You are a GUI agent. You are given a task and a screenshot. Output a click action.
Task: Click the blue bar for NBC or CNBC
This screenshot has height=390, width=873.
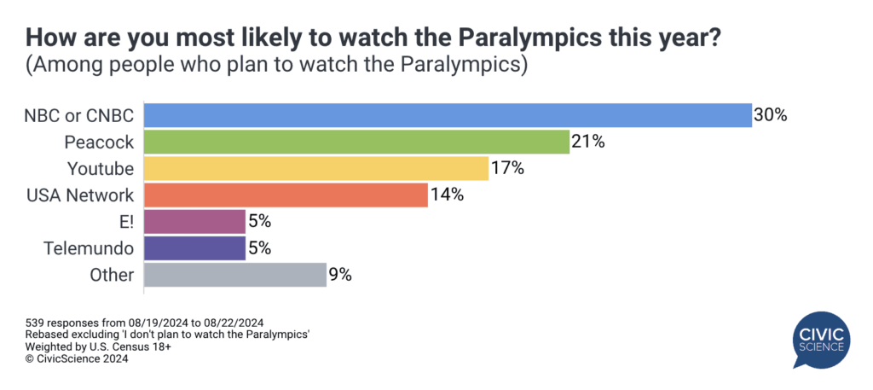click(448, 115)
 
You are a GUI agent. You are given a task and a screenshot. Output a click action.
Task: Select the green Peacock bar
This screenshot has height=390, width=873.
click(357, 142)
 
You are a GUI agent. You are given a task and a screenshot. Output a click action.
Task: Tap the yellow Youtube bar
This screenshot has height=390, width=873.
click(316, 168)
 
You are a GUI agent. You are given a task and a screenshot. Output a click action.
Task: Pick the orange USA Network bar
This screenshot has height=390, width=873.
click(286, 195)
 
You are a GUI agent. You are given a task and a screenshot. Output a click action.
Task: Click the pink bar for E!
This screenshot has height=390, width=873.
click(195, 222)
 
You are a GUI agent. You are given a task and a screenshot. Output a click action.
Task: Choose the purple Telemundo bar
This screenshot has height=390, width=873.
click(195, 248)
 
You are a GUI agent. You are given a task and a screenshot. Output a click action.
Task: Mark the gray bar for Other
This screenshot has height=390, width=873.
click(235, 275)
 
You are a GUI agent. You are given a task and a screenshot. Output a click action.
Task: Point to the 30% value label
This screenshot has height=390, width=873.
click(770, 115)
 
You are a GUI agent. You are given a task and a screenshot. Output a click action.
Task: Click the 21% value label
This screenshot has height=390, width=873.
click(587, 142)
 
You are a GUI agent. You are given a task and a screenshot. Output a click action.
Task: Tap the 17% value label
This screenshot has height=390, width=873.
click(507, 168)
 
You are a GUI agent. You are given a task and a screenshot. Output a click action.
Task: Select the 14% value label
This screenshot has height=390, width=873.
click(447, 195)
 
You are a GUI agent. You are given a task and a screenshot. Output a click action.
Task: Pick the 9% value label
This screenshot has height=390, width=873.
click(339, 275)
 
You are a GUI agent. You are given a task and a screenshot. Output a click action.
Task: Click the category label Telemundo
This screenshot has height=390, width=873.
click(89, 248)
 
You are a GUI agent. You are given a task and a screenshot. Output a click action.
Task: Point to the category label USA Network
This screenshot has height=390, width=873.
click(81, 195)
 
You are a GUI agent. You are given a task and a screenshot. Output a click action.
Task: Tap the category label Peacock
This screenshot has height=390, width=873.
click(99, 142)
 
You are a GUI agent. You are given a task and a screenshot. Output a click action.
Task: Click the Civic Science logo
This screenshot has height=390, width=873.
click(821, 340)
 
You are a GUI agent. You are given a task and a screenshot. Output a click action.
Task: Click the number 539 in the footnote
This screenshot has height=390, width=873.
click(33, 323)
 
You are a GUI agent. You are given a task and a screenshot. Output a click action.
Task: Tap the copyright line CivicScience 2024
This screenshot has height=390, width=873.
click(77, 359)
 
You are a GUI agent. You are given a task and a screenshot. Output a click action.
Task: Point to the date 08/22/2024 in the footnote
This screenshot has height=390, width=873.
click(232, 323)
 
